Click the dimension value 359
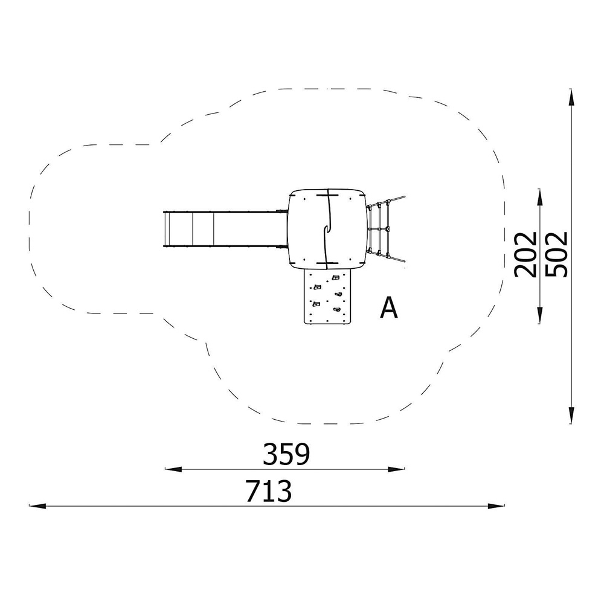pyautogui.click(x=286, y=455)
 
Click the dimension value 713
pyautogui.click(x=269, y=491)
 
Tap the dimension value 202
pyautogui.click(x=525, y=254)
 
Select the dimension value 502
pyautogui.click(x=557, y=254)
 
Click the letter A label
pyautogui.click(x=388, y=308)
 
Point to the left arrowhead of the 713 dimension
pyautogui.click(x=37, y=506)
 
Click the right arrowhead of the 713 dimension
pyautogui.click(x=496, y=506)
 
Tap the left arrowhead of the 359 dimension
pyautogui.click(x=173, y=469)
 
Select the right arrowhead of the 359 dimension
pyautogui.click(x=397, y=469)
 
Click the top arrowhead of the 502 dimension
pyautogui.click(x=571, y=97)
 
